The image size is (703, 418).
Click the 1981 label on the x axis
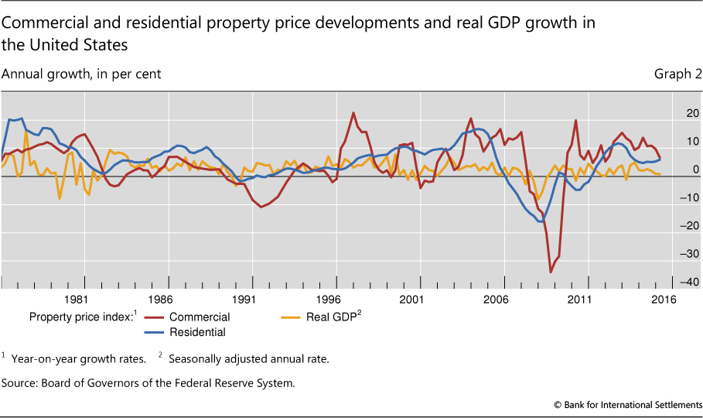click(76, 300)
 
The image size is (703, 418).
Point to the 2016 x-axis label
click(664, 300)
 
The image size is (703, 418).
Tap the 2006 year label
click(496, 300)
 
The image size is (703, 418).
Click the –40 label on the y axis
click(687, 281)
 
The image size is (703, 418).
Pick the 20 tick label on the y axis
click(690, 113)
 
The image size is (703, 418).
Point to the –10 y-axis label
click(687, 197)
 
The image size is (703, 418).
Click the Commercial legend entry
click(200, 317)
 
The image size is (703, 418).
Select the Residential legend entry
click(197, 332)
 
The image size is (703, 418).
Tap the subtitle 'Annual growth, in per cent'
click(81, 74)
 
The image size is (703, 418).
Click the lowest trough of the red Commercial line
click(551, 272)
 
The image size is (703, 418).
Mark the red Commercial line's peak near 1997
click(353, 113)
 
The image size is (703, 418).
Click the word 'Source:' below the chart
click(22, 382)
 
